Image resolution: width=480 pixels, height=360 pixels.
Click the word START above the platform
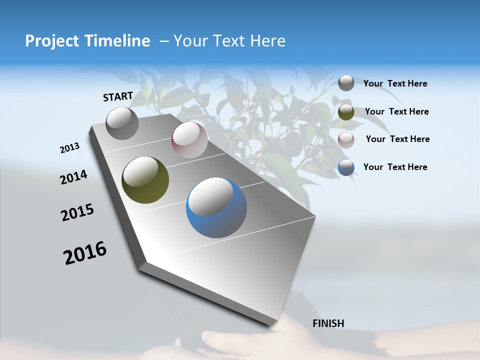tap(118, 96)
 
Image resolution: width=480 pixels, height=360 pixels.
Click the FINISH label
tap(328, 323)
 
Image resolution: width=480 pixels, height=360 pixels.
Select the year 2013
tap(69, 148)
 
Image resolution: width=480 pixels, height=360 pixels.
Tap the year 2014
tap(73, 177)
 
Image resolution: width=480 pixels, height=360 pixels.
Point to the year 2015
tap(77, 212)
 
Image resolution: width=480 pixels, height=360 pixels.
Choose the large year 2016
tap(85, 253)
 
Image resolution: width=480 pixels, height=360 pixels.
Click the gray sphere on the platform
tap(122, 123)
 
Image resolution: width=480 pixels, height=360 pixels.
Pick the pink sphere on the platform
tap(189, 140)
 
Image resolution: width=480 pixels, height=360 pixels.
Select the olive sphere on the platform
tap(145, 180)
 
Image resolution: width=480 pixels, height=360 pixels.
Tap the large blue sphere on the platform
tap(216, 207)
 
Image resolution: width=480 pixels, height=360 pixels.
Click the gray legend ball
tap(346, 83)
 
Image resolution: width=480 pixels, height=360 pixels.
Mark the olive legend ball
tap(346, 112)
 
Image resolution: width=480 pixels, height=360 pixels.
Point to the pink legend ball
tap(346, 140)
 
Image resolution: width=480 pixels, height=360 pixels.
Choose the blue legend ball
tap(346, 167)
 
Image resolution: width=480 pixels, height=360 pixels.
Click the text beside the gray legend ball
tap(395, 83)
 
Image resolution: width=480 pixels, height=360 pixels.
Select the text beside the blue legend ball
tap(395, 167)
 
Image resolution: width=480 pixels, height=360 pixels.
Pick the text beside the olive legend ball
tap(396, 111)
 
